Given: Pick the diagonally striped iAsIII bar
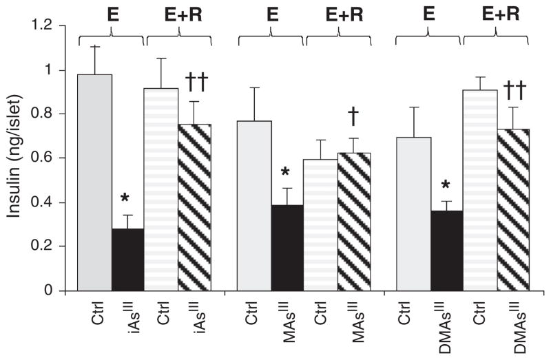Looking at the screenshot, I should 195,207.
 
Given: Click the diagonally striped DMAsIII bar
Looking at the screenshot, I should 512,209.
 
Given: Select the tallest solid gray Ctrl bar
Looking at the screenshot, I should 95,182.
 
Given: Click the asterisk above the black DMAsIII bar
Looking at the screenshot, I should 446,185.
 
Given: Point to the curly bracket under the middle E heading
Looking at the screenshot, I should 271,40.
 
